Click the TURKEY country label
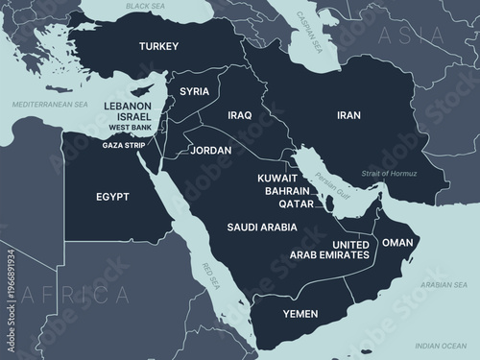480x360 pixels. (x=159, y=46)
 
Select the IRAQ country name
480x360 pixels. (x=239, y=115)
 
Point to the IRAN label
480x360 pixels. (x=348, y=115)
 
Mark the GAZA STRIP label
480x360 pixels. (x=124, y=145)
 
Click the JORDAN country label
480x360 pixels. (x=210, y=151)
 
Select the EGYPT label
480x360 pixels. (x=112, y=198)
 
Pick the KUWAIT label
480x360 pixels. (x=276, y=179)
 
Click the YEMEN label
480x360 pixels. (x=300, y=314)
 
